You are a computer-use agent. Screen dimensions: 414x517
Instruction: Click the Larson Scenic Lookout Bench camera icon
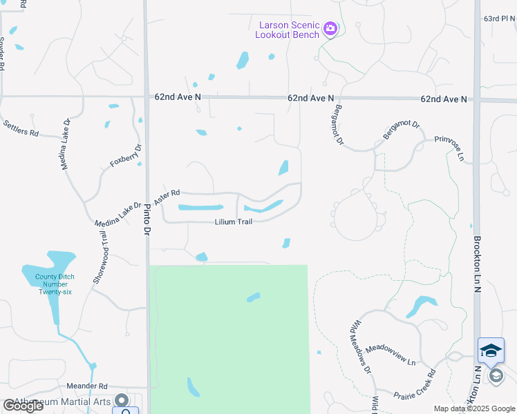click(330, 28)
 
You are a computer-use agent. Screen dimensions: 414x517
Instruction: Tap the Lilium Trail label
click(234, 221)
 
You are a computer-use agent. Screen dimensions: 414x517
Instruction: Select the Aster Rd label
click(167, 197)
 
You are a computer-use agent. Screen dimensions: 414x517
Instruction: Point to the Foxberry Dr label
click(126, 157)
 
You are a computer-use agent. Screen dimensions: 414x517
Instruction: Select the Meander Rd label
click(87, 386)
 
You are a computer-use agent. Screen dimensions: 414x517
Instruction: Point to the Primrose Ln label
click(449, 148)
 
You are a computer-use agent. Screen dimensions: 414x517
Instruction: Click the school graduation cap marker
click(491, 351)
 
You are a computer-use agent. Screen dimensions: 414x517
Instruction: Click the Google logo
click(22, 406)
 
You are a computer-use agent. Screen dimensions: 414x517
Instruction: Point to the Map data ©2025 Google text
click(473, 408)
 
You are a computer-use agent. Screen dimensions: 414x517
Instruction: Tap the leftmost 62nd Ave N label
click(178, 98)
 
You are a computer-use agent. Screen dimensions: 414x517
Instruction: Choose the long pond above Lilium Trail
click(200, 207)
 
